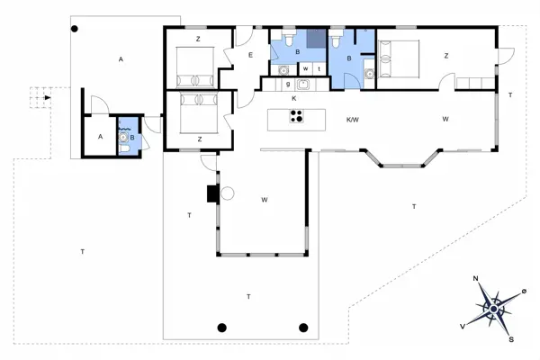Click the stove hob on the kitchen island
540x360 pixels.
[x=296, y=115]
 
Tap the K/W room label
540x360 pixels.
[x=353, y=119]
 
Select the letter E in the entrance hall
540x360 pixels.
[x=251, y=56]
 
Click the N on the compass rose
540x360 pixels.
[x=476, y=279]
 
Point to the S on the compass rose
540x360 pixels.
[x=510, y=339]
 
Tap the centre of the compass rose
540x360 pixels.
[x=492, y=309]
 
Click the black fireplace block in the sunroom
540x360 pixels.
[x=211, y=193]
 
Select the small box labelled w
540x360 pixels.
[x=305, y=68]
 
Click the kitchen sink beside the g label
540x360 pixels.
[x=303, y=85]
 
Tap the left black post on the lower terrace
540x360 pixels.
[x=222, y=327]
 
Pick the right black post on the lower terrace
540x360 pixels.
[x=303, y=327]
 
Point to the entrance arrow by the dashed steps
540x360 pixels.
[x=47, y=96]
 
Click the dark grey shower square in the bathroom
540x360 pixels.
[x=315, y=39]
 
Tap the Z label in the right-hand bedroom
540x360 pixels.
[x=445, y=56]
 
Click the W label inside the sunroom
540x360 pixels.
[x=265, y=199]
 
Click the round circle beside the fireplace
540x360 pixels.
[x=227, y=193]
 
